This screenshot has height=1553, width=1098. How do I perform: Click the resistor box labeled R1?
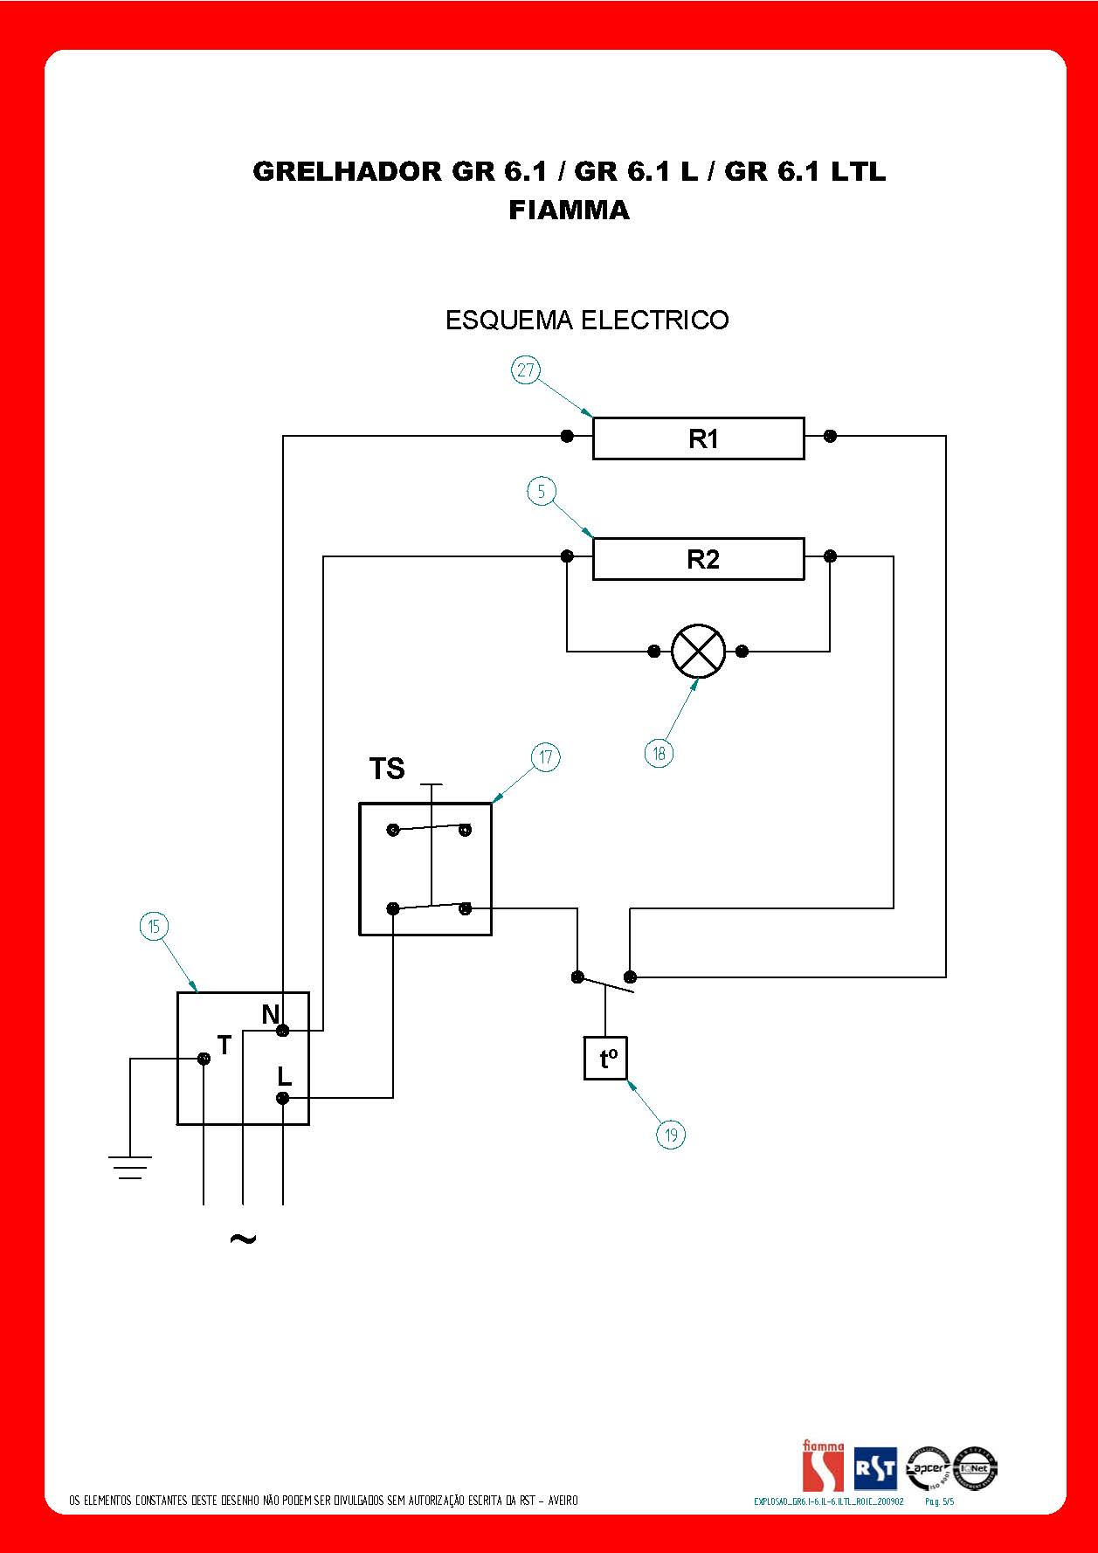(698, 438)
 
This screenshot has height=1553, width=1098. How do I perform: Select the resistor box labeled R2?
(698, 558)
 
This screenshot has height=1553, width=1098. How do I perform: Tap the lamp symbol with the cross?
(698, 652)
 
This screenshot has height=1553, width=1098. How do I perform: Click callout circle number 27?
(525, 370)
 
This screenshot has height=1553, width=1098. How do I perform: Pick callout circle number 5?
(542, 492)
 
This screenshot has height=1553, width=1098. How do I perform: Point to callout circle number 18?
(659, 753)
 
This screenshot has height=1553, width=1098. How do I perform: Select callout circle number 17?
(546, 757)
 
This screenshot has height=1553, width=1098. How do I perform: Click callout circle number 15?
(154, 927)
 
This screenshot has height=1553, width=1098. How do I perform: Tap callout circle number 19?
(671, 1135)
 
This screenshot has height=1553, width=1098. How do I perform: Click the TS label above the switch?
(387, 769)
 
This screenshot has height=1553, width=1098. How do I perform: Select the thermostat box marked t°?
(606, 1059)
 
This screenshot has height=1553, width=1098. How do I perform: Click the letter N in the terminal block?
(271, 1014)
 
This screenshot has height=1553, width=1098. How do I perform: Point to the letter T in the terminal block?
(224, 1045)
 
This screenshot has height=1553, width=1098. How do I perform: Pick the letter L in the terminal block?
(284, 1076)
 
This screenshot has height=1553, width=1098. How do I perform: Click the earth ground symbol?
(130, 1167)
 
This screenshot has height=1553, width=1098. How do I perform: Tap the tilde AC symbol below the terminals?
(242, 1239)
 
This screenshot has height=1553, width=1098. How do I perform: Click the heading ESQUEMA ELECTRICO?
(587, 321)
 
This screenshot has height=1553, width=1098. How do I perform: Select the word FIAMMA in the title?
(569, 211)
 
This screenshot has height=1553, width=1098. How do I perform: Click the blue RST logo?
(875, 1469)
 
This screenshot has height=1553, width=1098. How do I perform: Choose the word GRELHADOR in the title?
(348, 171)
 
